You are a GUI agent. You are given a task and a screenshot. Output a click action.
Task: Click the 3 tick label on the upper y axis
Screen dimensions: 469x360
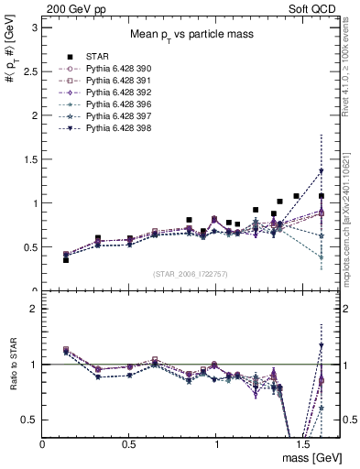pyautogui.click(x=33, y=27)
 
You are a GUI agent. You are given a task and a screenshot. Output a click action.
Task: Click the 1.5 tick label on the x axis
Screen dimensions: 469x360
pyautogui.click(x=302, y=442)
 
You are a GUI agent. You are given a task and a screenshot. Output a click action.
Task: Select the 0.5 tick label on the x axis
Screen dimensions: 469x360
pyautogui.click(x=129, y=442)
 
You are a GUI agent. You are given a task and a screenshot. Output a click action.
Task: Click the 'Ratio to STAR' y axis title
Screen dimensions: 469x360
pyautogui.click(x=11, y=365)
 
